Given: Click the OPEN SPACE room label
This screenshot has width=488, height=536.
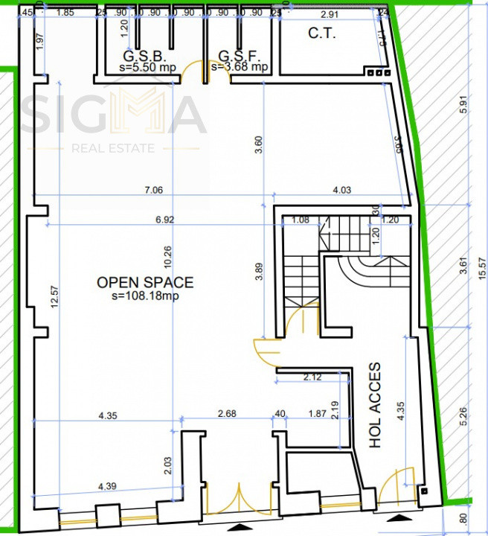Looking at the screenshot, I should pyautogui.click(x=145, y=282).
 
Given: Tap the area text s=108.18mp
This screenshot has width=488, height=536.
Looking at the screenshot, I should pyautogui.click(x=145, y=296).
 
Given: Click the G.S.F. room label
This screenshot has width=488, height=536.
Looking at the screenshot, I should pyautogui.click(x=238, y=56).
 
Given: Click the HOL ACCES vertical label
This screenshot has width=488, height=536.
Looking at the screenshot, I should pyautogui.click(x=376, y=406).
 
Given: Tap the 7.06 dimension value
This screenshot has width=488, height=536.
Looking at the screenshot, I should pyautogui.click(x=153, y=190).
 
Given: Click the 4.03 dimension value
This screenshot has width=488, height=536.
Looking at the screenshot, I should pyautogui.click(x=341, y=190).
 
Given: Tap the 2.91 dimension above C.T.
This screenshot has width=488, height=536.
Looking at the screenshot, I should pyautogui.click(x=329, y=13).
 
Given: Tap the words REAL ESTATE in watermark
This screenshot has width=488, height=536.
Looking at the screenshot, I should pyautogui.click(x=113, y=148).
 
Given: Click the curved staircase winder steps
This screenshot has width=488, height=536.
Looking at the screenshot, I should pyautogui.click(x=357, y=269).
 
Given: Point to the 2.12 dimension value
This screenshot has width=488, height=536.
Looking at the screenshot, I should pyautogui.click(x=312, y=377).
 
